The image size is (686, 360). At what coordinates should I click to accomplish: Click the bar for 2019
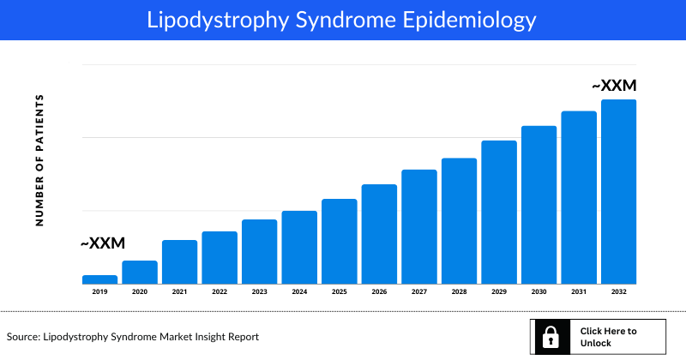click(x=99, y=279)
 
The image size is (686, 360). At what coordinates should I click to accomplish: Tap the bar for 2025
click(x=340, y=242)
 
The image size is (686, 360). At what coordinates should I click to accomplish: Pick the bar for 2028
click(x=459, y=221)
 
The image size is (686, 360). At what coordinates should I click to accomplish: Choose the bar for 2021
click(x=180, y=262)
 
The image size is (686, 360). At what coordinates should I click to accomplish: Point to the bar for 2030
click(x=539, y=205)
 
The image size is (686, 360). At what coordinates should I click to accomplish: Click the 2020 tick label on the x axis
click(x=140, y=292)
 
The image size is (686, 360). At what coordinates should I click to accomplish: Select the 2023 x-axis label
click(x=260, y=292)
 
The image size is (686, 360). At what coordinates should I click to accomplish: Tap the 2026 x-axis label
click(x=379, y=292)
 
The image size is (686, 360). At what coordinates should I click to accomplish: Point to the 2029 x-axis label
click(x=499, y=292)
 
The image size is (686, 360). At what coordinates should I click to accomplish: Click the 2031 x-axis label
click(x=579, y=292)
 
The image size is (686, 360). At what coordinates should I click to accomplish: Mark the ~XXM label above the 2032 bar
click(x=615, y=87)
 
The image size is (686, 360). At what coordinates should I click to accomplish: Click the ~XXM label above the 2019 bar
click(x=103, y=244)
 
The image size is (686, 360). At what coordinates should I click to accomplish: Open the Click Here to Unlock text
click(x=608, y=337)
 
